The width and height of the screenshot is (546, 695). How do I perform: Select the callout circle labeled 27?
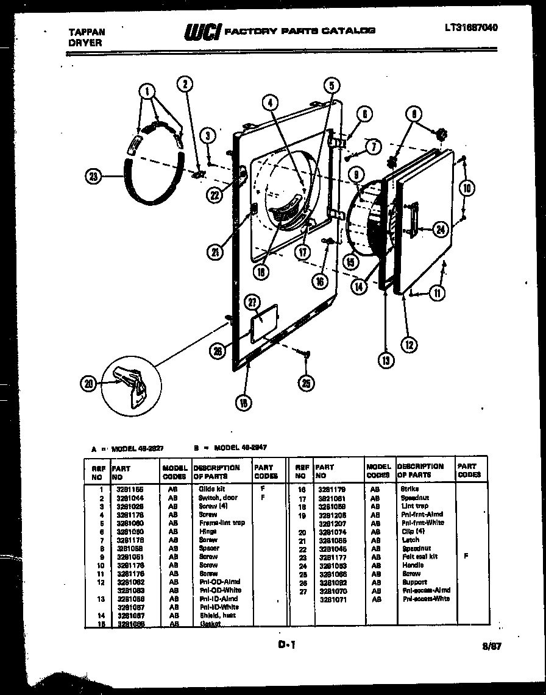[x=252, y=302]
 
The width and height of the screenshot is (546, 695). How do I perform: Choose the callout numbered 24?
[x=441, y=230]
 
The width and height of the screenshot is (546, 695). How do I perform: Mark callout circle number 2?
[x=185, y=85]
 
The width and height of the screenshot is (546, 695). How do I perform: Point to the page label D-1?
[x=286, y=644]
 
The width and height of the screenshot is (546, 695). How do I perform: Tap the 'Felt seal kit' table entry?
[x=419, y=556]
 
